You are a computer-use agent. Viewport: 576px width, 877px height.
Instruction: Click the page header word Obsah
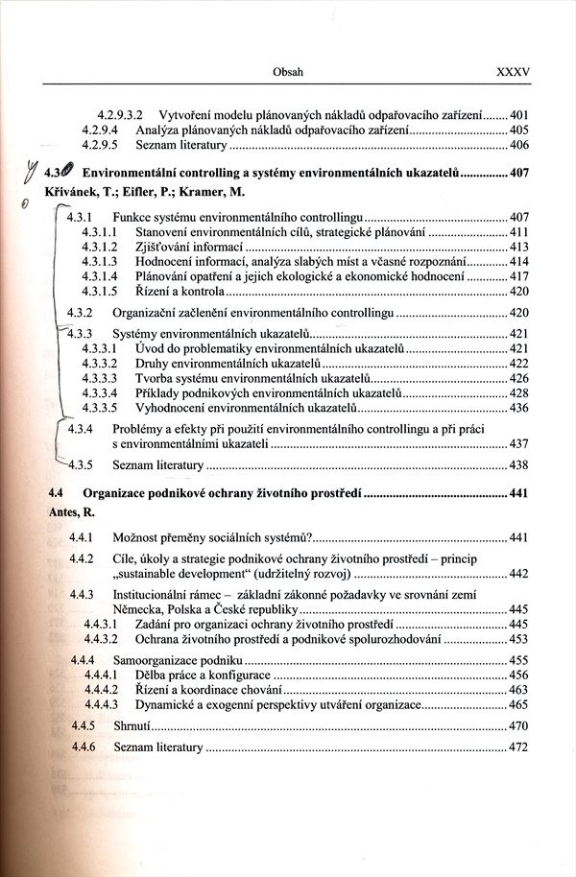[x=288, y=71]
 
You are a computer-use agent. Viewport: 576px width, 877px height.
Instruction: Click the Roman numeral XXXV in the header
[x=513, y=71]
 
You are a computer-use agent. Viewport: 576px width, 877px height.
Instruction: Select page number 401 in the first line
[x=519, y=113]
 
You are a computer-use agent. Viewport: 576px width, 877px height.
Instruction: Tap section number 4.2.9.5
[x=100, y=145]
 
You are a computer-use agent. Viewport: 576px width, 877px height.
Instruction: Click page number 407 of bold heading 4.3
[x=519, y=176]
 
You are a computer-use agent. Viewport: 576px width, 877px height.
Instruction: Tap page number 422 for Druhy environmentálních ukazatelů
[x=519, y=364]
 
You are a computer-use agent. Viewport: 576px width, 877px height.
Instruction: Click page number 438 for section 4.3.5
[x=519, y=465]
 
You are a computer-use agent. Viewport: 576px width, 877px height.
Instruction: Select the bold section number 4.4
[x=57, y=493]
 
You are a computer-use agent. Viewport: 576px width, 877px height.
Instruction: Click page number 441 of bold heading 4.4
[x=519, y=493]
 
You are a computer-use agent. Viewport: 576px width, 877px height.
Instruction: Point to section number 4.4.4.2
[x=100, y=690]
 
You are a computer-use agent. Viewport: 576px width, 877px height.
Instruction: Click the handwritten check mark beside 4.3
[x=35, y=173]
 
